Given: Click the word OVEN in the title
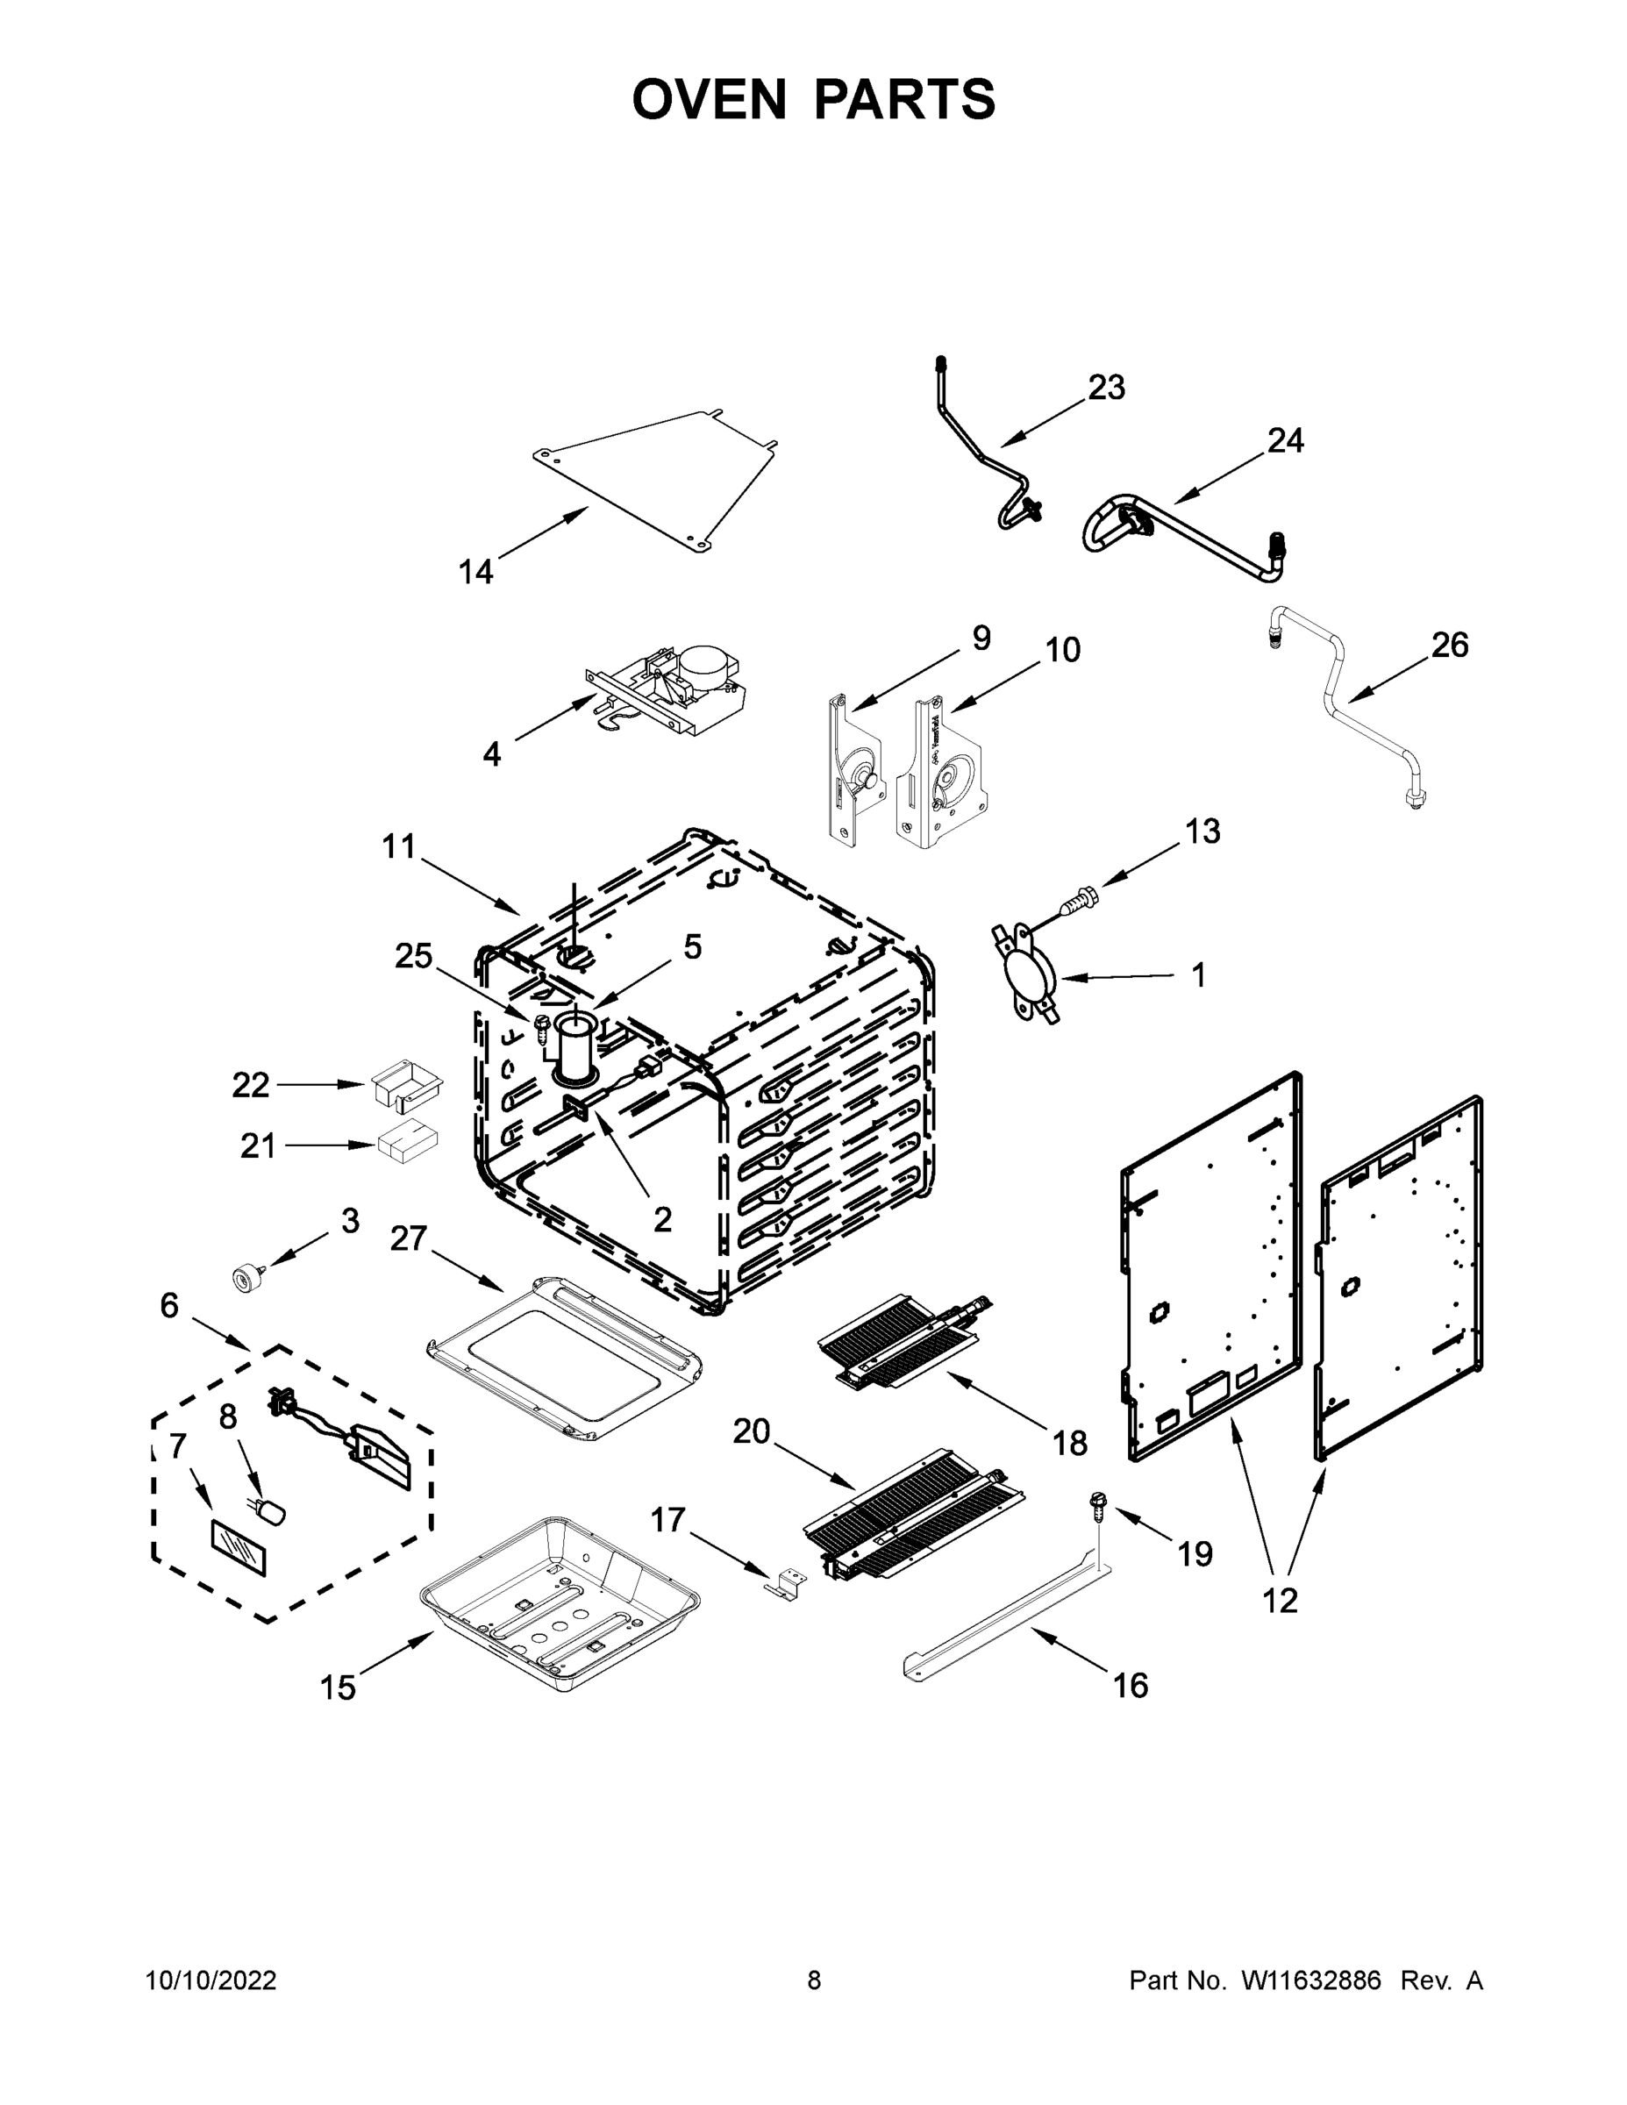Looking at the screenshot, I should pos(709,99).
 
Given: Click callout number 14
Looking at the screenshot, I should pos(475,572).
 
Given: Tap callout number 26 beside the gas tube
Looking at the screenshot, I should pos(1449,645).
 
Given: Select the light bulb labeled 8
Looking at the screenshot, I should pos(273,1511).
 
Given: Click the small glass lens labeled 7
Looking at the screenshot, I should pos(238,1548).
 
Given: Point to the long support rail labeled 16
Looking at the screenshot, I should pos(1003,1616).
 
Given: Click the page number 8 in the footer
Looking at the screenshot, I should pos(814,1980).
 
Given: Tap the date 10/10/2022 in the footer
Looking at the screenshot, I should pos(211,1980).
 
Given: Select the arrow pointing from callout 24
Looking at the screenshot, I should pos(1219,478).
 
